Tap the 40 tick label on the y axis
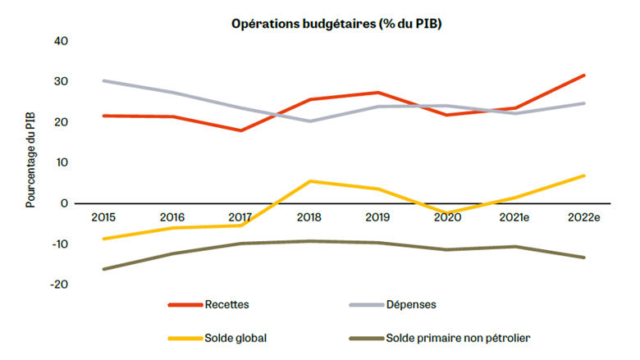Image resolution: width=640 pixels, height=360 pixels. pos(62,41)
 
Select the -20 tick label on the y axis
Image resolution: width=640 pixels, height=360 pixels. pos(59,285)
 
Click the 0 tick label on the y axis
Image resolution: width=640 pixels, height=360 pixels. pos(66,203)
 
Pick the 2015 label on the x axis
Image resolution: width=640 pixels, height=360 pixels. pos(103,216)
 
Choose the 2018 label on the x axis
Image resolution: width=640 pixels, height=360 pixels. pos(309,216)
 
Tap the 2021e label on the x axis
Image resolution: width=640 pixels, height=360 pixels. pos(515,216)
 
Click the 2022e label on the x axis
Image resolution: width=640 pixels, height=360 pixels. pos(583,216)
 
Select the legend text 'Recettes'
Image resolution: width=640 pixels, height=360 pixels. pos(228,304)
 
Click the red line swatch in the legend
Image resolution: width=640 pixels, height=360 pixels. pos(185,304)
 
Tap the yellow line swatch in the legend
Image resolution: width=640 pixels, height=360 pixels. pos(185,337)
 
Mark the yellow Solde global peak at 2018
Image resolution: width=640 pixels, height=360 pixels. pos(309,181)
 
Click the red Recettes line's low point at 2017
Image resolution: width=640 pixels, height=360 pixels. pos(240,130)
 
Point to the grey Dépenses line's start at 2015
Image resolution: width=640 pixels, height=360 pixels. pos(103,80)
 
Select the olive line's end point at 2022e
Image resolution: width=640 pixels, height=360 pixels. pos(583,257)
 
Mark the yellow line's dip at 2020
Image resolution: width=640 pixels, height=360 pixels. pos(446,212)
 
